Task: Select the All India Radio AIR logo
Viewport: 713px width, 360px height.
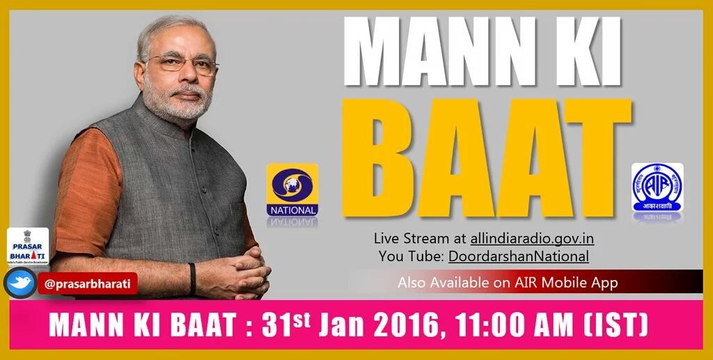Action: click(x=657, y=187)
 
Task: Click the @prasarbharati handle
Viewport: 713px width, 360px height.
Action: click(x=87, y=284)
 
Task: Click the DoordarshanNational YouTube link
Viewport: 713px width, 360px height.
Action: click(x=519, y=256)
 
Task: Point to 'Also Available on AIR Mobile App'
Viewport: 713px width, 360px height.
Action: click(x=508, y=283)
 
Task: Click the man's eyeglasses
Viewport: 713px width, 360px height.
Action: click(x=183, y=65)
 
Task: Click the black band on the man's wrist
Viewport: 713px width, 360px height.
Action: click(x=191, y=278)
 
